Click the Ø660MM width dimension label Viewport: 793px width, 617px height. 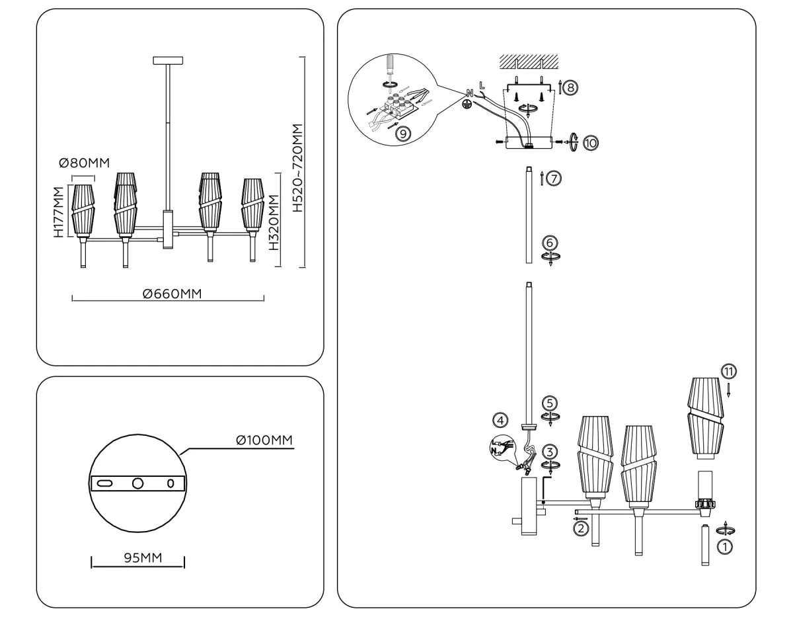(x=172, y=294)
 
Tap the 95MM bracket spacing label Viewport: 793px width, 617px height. (x=143, y=558)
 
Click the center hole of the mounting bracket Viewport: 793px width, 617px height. (x=137, y=483)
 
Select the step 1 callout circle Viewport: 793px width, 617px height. (x=725, y=546)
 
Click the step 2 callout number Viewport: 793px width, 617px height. (x=580, y=528)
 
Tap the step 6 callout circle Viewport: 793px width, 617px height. (x=549, y=243)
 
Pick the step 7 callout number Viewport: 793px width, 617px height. (x=554, y=178)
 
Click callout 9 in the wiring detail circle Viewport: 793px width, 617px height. (x=402, y=132)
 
